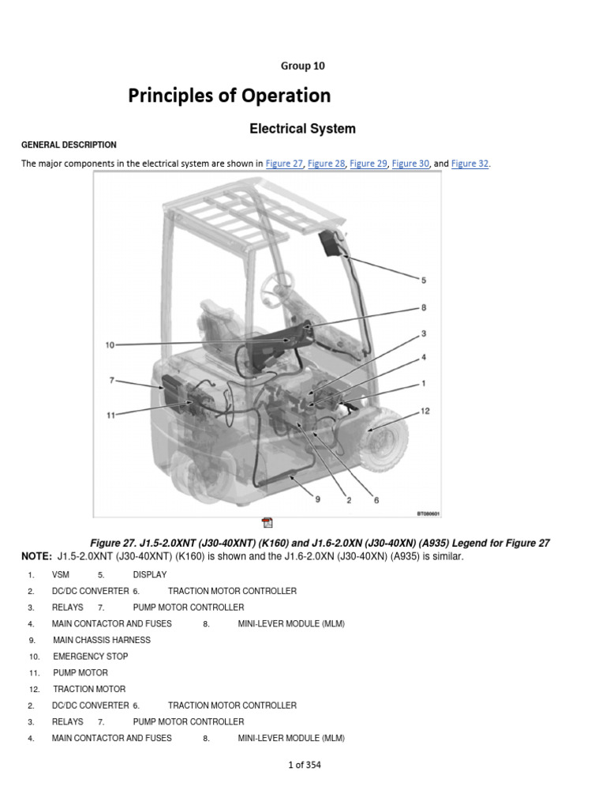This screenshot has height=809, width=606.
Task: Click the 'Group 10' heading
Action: pos(302,66)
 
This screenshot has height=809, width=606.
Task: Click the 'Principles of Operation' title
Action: pos(230,96)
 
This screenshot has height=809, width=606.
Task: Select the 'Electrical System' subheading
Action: pos(302,129)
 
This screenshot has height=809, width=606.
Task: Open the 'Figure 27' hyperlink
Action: pos(284,164)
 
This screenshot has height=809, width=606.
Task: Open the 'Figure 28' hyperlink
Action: pos(326,164)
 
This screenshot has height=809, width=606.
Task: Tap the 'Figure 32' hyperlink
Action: pos(470,164)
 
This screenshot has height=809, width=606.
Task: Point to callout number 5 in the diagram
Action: pos(424,280)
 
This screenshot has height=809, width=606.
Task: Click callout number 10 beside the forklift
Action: pos(110,344)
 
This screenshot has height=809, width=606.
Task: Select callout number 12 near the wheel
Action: pos(425,411)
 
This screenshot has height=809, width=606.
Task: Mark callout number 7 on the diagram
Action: pos(112,381)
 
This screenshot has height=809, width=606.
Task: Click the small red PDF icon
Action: pos(267,522)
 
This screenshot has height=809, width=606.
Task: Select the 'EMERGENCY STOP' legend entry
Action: pos(90,657)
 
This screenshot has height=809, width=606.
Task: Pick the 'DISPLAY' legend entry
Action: pos(150,574)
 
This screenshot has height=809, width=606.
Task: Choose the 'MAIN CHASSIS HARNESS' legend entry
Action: pos(102,640)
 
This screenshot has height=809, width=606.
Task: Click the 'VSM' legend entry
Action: pos(61,574)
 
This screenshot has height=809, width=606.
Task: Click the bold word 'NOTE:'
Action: pos(36,557)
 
